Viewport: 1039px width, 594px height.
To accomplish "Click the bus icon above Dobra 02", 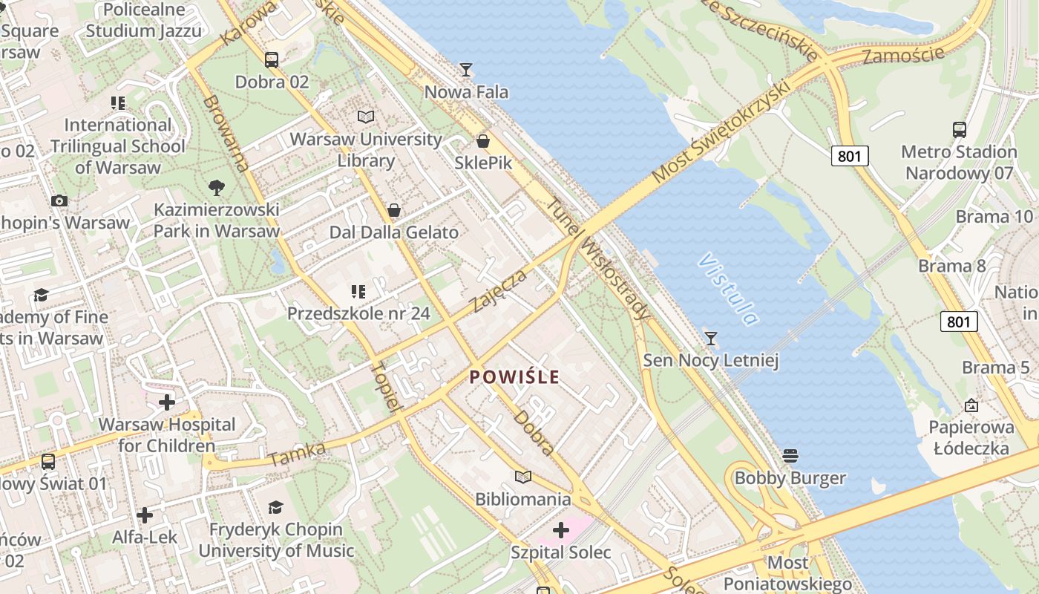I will point(272,59).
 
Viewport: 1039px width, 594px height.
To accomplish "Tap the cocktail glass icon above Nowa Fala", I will point(466,70).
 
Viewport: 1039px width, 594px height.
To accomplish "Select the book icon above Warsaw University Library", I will point(365,117).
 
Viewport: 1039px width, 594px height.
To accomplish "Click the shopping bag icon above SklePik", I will point(483,140).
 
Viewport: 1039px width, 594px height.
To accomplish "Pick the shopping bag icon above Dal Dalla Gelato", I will point(394,210).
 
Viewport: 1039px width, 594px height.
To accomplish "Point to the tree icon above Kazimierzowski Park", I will point(217,187).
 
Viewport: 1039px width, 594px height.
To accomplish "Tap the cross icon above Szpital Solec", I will point(561,530).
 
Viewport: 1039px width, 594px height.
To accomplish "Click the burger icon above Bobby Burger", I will point(790,455).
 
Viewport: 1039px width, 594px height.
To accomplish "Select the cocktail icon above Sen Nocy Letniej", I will point(711,339).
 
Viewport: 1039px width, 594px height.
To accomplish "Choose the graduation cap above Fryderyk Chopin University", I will point(275,507).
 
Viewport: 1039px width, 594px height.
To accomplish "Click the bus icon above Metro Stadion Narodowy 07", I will point(959,130).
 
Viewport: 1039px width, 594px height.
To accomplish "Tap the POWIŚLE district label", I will point(514,377).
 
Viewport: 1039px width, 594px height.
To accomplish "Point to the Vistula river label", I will point(729,290).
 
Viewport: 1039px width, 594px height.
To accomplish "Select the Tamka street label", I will point(297,454).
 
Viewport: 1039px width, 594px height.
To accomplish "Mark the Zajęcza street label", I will point(499,291).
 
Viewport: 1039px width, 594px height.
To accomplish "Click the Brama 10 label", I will point(994,217).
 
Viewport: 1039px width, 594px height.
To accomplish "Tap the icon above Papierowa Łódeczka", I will point(971,405).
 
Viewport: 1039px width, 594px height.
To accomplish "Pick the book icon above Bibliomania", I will point(523,477).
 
